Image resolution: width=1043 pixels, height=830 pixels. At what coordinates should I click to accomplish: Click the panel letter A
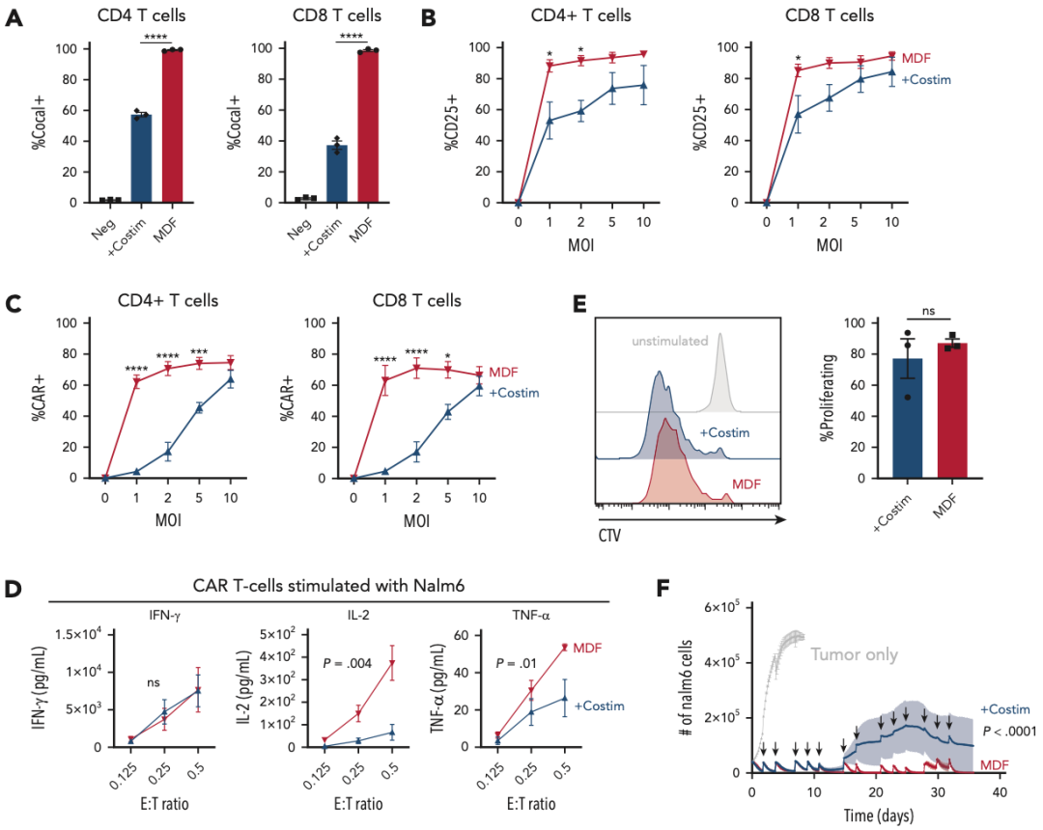14,18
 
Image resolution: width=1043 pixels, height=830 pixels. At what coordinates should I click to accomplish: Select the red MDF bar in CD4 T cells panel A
172,125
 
